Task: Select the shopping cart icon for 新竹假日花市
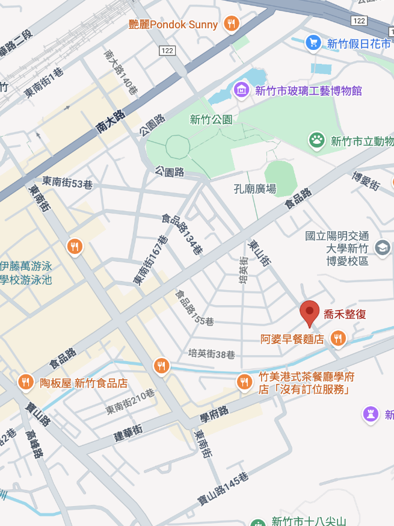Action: pos(313,43)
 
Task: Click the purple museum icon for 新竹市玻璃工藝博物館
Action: pos(241,90)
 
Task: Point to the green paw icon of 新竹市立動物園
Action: pos(316,141)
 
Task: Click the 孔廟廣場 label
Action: pos(254,189)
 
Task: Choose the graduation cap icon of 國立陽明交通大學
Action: pos(382,247)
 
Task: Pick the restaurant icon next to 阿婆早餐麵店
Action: pos(339,339)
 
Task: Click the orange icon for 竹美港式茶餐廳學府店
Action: pos(244,381)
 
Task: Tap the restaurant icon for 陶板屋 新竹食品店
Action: pos(25,382)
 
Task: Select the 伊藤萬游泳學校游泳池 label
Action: pos(26,272)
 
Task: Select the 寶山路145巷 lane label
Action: pos(223,489)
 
